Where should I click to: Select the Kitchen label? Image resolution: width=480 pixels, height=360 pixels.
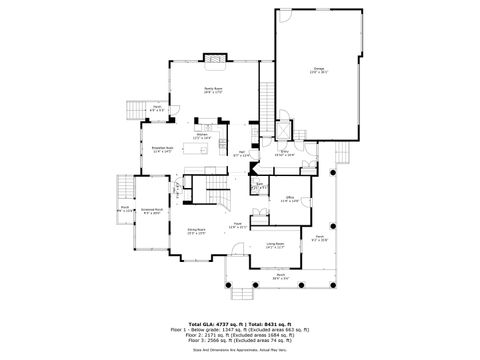point(200,136)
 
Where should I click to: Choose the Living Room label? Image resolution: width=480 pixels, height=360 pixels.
point(274,244)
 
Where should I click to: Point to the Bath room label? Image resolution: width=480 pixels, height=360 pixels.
point(259,185)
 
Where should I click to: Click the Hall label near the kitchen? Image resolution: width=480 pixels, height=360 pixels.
point(240,154)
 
